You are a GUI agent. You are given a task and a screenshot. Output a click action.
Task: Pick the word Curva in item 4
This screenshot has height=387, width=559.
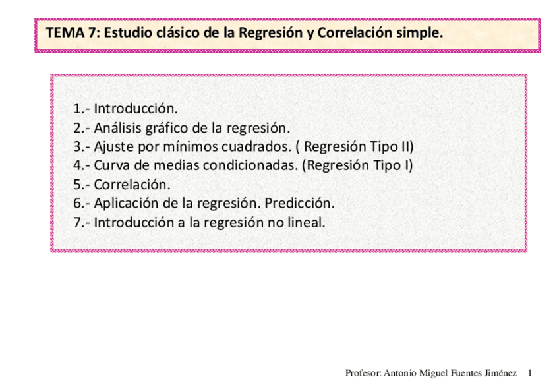click(x=111, y=165)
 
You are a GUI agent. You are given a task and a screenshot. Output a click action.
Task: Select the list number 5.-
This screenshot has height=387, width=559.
click(x=82, y=184)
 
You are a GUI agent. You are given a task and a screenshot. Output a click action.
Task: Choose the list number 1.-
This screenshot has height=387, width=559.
click(x=82, y=108)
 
